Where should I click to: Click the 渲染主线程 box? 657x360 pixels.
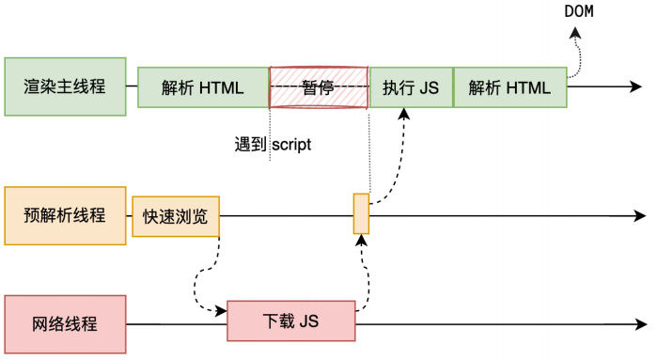[66, 86]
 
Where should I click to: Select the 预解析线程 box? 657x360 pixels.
[66, 216]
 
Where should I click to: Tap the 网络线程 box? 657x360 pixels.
[66, 324]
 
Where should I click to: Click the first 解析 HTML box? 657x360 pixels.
[203, 87]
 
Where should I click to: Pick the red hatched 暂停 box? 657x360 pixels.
[319, 87]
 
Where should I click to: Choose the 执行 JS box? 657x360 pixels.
[411, 87]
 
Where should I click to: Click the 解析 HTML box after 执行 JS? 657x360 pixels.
[510, 87]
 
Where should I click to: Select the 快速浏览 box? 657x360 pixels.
[176, 216]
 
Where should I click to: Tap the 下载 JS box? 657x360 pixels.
[291, 321]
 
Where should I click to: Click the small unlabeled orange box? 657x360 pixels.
[361, 213]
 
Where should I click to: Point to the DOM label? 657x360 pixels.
[579, 11]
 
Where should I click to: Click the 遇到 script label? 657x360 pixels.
[273, 145]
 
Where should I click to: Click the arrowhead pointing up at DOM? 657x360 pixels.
[575, 33]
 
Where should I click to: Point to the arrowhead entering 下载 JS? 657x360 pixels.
[221, 311]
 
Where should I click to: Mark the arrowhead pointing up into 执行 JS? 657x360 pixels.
[404, 114]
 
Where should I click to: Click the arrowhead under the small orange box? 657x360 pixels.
[362, 240]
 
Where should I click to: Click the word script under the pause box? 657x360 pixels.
[291, 145]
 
